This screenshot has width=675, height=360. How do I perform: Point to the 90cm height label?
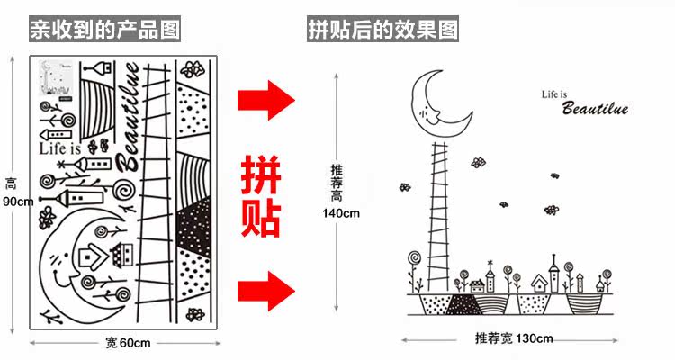click(x=18, y=201)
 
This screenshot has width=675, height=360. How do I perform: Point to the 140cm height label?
click(x=341, y=213)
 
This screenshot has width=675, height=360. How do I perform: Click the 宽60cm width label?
click(x=127, y=342)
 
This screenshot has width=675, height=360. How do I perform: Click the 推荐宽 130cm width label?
click(x=514, y=338)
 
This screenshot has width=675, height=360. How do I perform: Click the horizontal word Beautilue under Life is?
click(x=594, y=110)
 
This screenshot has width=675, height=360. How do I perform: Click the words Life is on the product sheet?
click(x=60, y=147)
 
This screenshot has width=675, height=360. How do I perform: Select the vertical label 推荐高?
click(x=337, y=182)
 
